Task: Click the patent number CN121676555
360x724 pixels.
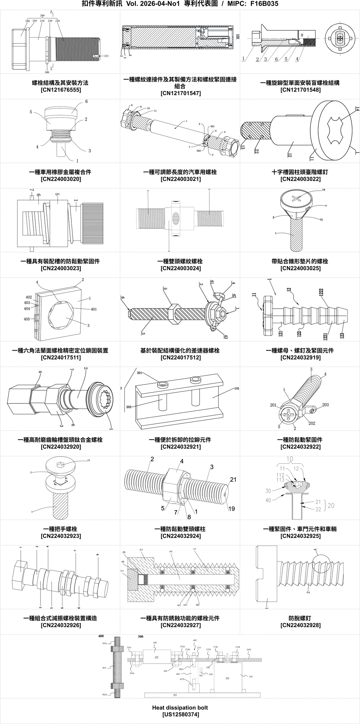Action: click(61, 90)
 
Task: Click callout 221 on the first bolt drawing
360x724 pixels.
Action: click(106, 56)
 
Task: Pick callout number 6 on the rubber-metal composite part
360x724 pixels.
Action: click(86, 102)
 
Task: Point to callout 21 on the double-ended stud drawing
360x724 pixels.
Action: click(233, 480)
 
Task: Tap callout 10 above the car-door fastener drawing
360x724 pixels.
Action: click(290, 459)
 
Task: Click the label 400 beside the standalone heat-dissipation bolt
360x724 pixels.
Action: click(101, 636)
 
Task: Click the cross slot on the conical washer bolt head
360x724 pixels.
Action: click(296, 199)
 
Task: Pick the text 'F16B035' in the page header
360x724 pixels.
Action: click(264, 4)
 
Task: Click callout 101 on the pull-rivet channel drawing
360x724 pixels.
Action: click(237, 388)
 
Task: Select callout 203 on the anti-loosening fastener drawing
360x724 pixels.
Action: click(325, 405)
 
